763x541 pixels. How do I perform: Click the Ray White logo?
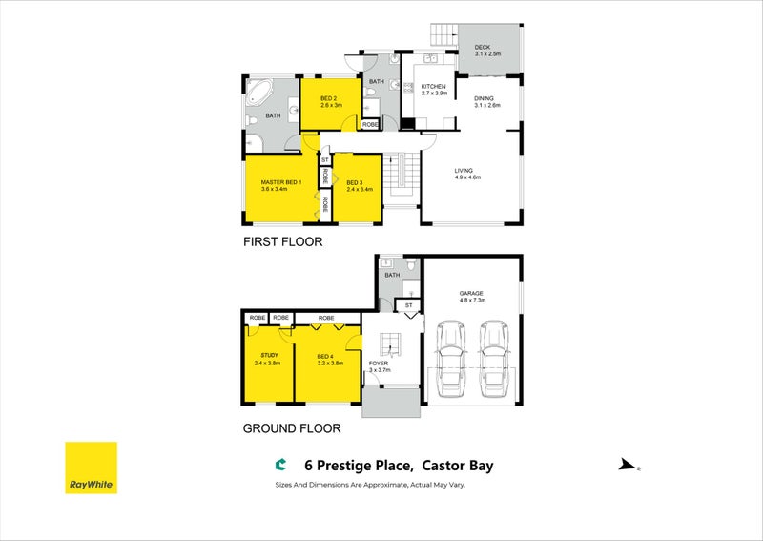click(91, 468)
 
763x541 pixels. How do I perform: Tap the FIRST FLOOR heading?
click(282, 242)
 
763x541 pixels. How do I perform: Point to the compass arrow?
click(628, 465)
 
